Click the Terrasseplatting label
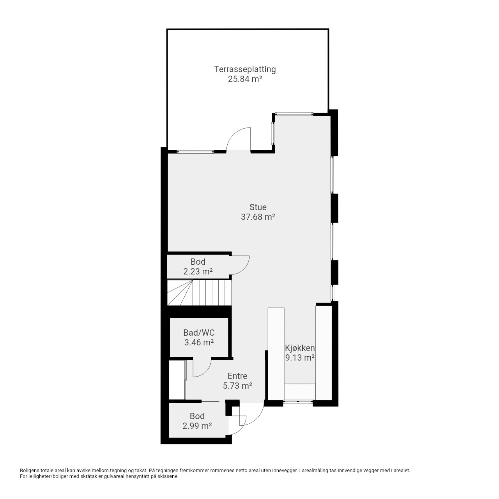point(245,69)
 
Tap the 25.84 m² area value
point(245,79)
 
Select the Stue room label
point(258,207)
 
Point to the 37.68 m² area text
point(258,217)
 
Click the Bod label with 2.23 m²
point(198,262)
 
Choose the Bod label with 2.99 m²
point(197,416)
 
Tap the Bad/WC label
point(199,333)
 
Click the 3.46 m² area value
point(199,342)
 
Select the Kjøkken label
point(300,348)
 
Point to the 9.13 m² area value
point(300,357)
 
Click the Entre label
point(237,376)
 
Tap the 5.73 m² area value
point(237,386)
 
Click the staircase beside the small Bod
point(199,293)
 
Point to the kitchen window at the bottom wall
point(298,402)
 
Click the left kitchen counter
point(276,354)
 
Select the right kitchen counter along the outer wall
point(324,353)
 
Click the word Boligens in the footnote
point(30,471)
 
